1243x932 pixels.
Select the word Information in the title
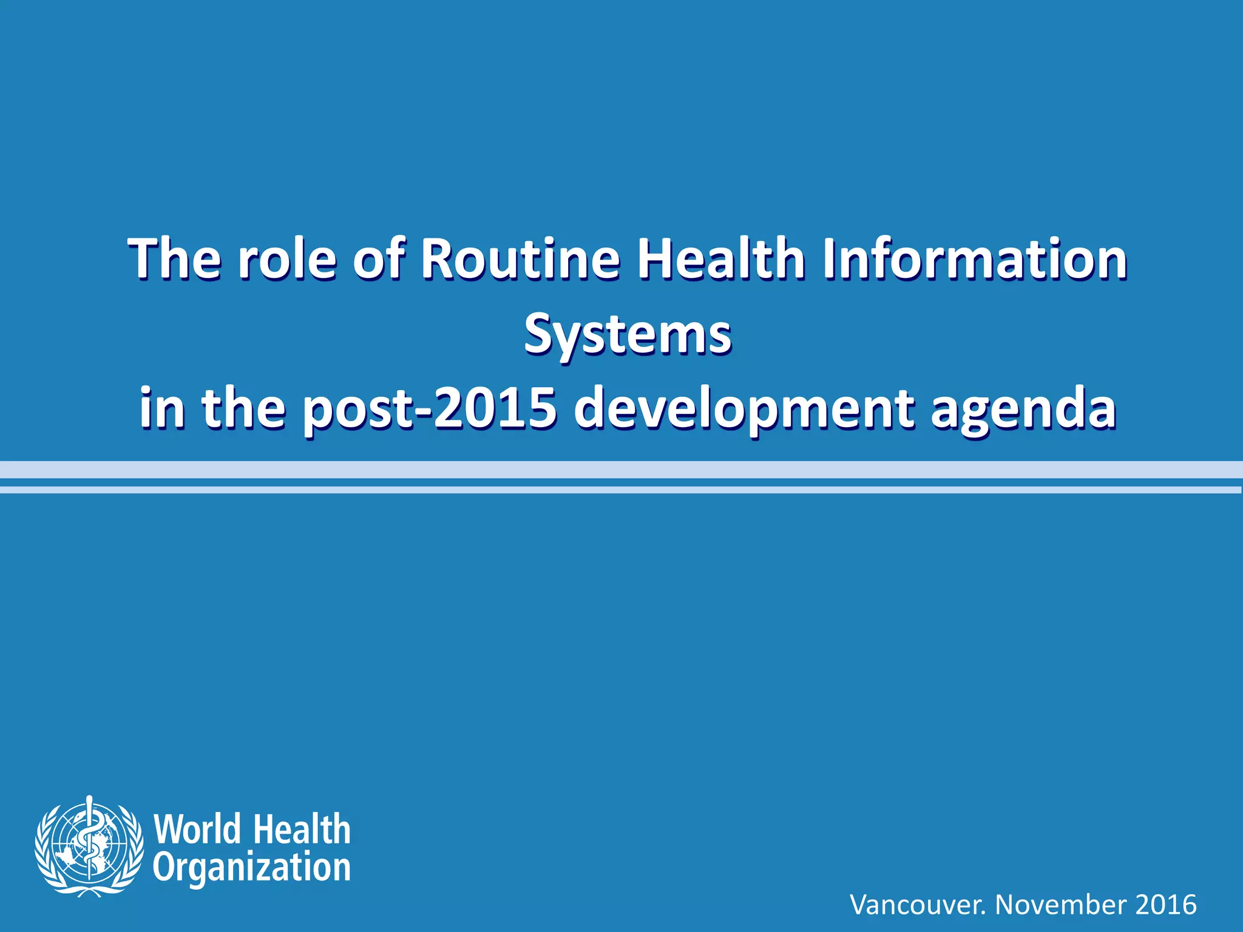coord(975,259)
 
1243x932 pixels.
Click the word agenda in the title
coord(1023,408)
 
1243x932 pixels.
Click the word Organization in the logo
coord(251,868)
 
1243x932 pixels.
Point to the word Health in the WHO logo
coord(302,829)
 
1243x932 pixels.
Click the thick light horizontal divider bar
coord(621,470)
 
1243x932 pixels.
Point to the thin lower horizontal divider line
coord(621,490)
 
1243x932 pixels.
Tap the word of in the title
coord(378,259)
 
